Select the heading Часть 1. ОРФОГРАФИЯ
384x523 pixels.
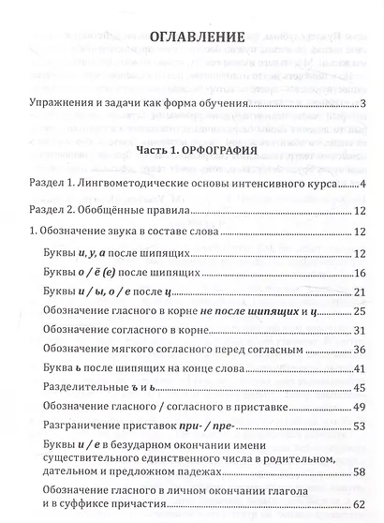(192, 149)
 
